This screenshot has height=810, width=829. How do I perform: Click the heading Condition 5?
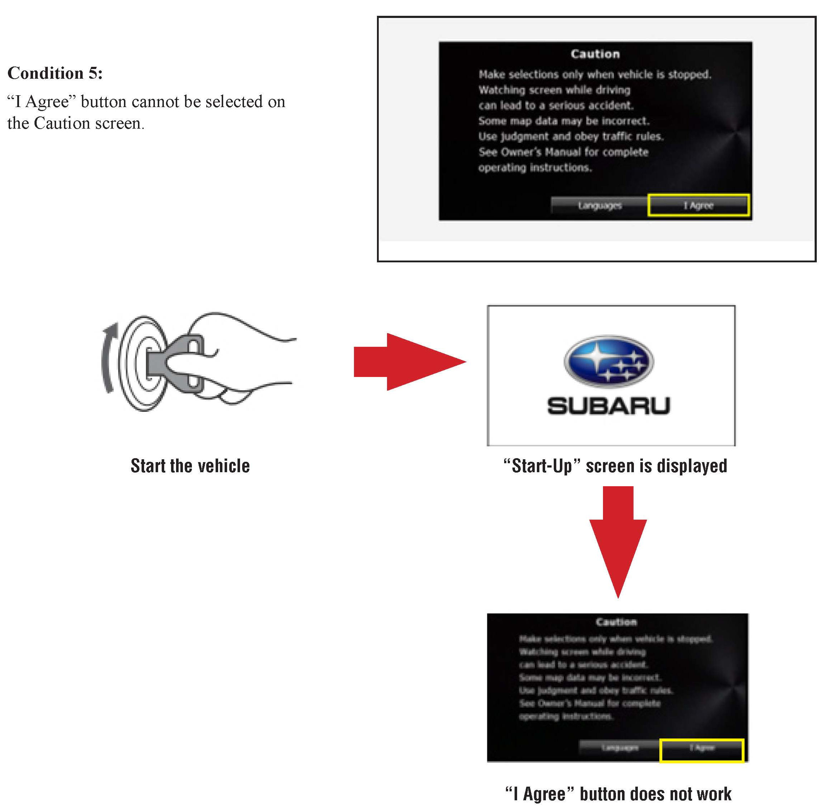[x=55, y=73]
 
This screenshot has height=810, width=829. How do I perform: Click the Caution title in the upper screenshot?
[x=595, y=54]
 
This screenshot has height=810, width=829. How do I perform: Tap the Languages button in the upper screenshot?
[x=599, y=206]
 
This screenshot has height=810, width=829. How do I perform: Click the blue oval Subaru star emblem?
[x=609, y=362]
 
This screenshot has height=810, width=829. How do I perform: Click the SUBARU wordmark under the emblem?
[x=608, y=406]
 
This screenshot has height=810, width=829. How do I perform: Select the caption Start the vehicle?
[x=190, y=466]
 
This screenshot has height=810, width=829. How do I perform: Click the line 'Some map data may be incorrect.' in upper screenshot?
[x=563, y=121]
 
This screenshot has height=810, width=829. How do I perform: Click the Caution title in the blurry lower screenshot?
[x=616, y=622]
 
